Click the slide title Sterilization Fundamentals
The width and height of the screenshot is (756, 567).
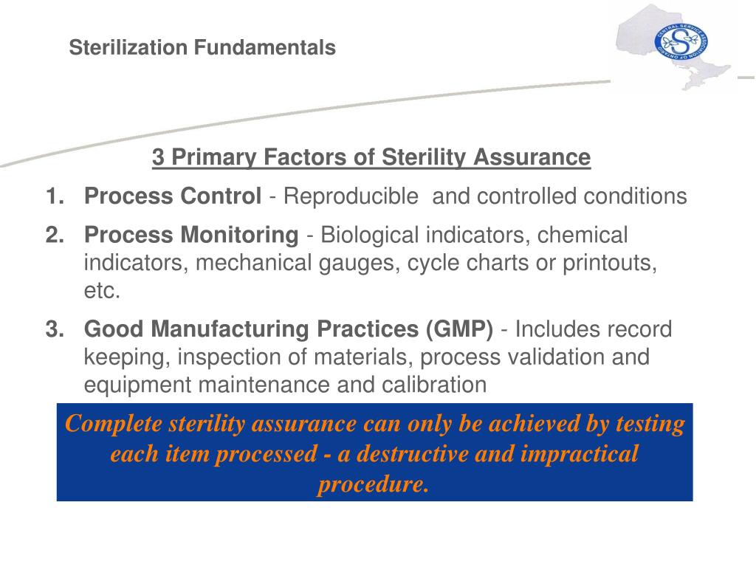(202, 48)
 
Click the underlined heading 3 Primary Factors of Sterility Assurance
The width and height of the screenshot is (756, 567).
(371, 157)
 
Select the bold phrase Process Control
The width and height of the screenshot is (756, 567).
(173, 196)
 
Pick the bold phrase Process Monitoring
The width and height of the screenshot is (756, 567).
(190, 236)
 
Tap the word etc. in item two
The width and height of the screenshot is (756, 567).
(101, 291)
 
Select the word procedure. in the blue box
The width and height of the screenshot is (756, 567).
(374, 484)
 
